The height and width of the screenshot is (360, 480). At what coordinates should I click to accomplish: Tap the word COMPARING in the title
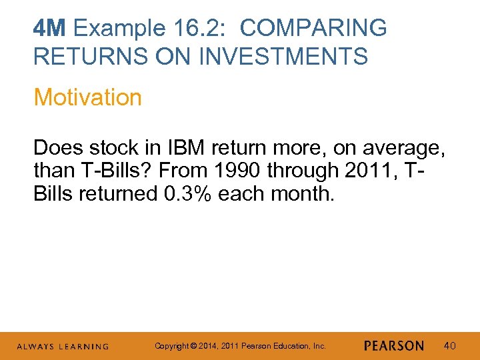click(x=313, y=29)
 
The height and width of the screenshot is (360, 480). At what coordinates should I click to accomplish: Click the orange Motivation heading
click(x=87, y=97)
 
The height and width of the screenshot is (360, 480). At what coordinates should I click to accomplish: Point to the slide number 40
click(x=451, y=346)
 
